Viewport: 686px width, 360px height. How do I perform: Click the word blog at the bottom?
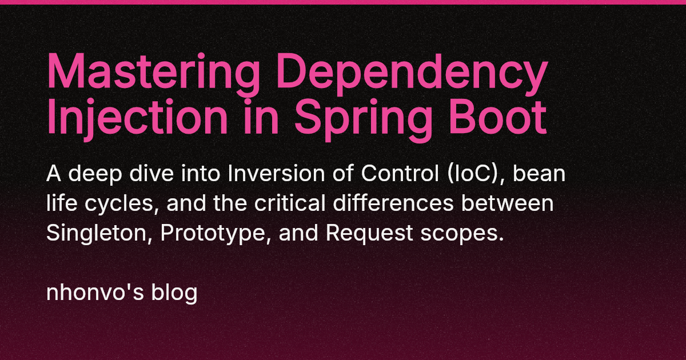tap(174, 293)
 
